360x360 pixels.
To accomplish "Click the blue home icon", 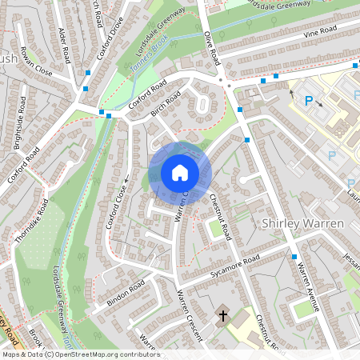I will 179,173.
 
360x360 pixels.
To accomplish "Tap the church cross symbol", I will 223,316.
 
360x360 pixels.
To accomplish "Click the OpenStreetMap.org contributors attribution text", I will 104,354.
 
